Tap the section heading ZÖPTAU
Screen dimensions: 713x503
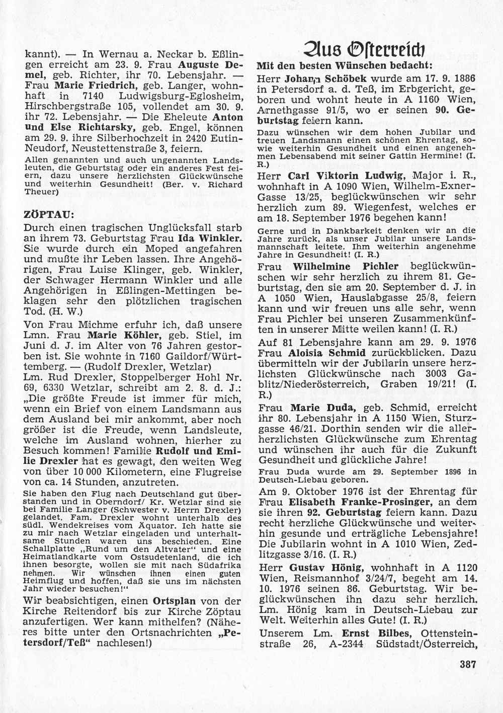click(x=49, y=214)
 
